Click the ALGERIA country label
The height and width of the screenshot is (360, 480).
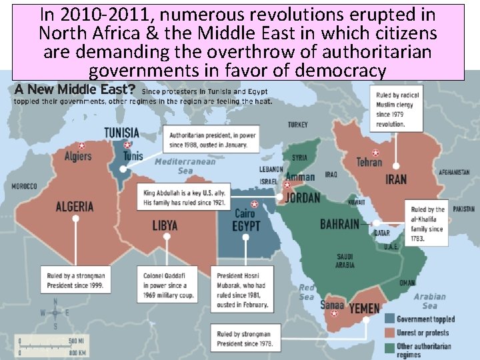pos(75,206)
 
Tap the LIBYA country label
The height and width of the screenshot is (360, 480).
pos(165,225)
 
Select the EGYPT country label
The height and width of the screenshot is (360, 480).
pos(247,226)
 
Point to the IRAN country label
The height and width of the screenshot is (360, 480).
pos(395,179)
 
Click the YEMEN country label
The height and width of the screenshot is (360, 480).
pos(365,309)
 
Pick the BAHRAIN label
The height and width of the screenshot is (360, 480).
pos(339,224)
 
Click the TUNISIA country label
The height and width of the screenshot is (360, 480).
pos(121,132)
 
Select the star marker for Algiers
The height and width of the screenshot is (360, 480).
pos(81,145)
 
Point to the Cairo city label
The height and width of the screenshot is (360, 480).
pos(245,214)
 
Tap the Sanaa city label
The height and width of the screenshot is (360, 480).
pos(332,305)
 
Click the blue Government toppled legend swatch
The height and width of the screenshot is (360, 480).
pos(388,319)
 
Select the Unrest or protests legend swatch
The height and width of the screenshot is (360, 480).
pos(388,331)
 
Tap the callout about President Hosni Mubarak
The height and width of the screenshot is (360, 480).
pos(241,290)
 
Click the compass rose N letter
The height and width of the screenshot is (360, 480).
pos(56,301)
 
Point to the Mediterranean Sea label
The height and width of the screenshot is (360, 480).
pos(185,166)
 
